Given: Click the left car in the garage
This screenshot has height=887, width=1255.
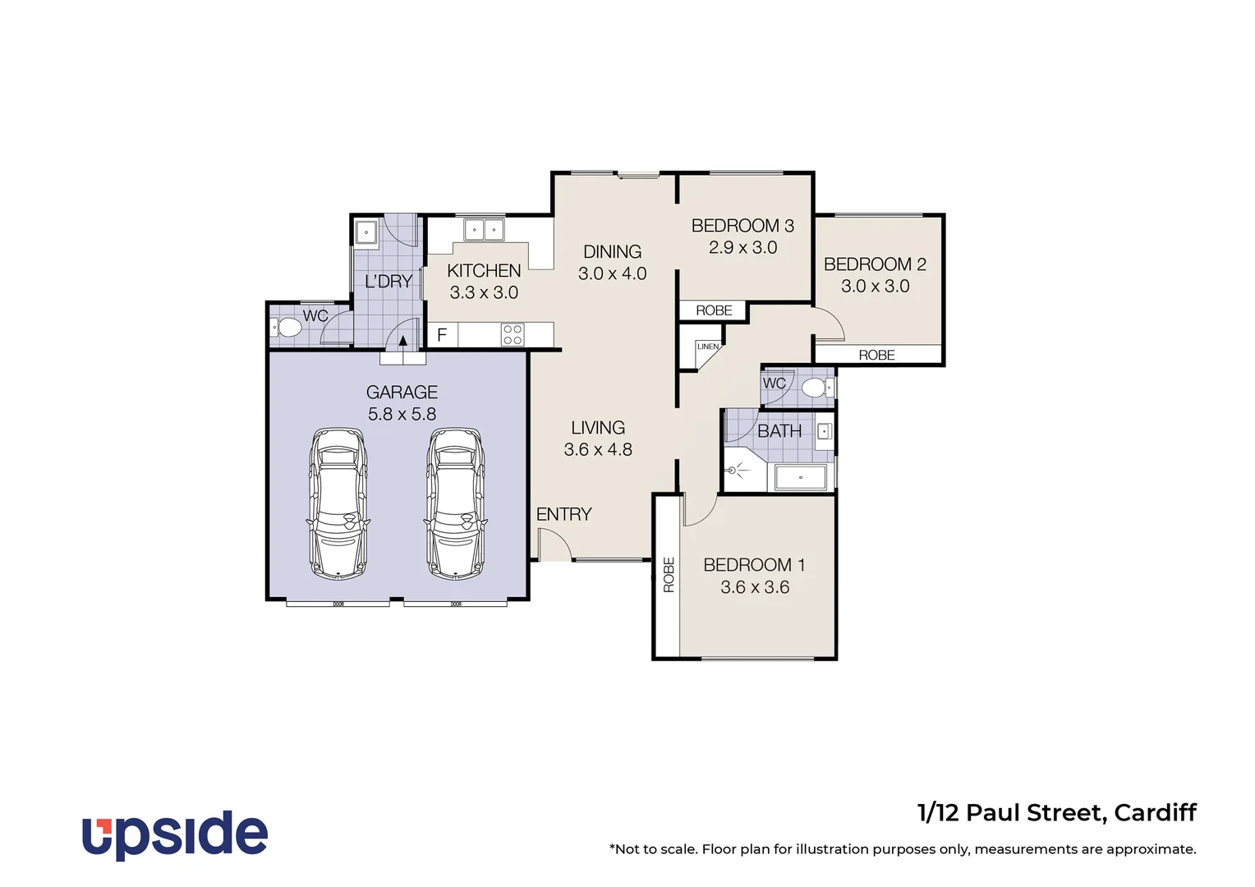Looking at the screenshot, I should click(338, 503).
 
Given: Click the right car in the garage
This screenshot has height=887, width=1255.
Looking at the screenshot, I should click(455, 503).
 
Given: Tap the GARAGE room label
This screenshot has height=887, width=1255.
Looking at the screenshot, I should click(402, 393).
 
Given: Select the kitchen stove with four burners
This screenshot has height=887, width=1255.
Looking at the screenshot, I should click(513, 334).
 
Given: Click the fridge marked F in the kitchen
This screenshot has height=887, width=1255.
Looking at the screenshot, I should click(442, 335).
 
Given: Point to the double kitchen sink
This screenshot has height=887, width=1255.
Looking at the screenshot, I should click(484, 230).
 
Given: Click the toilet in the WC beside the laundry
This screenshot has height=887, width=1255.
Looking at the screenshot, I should click(287, 329).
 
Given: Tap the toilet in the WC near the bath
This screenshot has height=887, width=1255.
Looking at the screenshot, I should click(814, 388).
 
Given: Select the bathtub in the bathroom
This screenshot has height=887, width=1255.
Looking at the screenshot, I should click(801, 477).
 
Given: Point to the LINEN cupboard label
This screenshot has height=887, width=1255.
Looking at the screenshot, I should click(708, 347).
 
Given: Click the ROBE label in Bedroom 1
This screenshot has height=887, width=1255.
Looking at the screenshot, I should click(669, 575).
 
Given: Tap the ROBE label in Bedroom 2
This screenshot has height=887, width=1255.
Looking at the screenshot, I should click(876, 355).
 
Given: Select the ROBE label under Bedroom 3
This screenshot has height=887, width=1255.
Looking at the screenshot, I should click(714, 310).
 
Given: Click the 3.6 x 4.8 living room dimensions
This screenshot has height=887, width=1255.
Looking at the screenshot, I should click(598, 450).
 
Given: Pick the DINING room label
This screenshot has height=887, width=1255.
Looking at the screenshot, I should click(612, 252).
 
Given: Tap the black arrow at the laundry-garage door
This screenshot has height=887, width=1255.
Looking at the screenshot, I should click(402, 342).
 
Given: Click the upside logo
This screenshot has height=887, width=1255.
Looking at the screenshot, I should click(175, 834).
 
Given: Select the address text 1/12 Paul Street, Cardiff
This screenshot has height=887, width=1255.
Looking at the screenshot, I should click(1056, 813).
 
